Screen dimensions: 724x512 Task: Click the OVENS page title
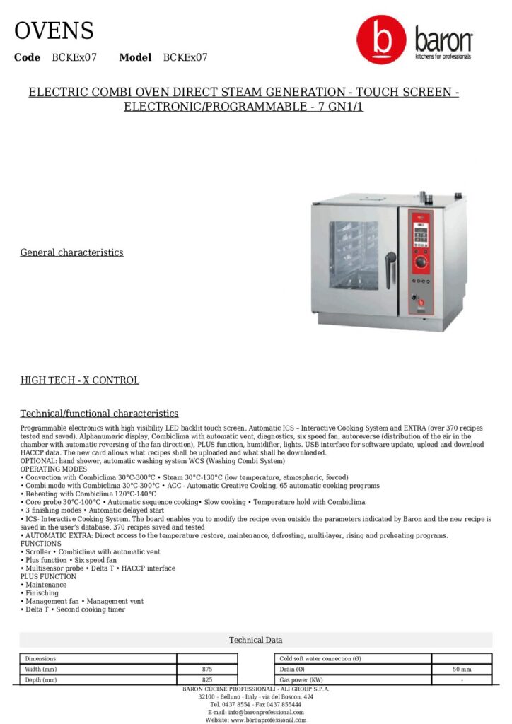coord(54,31)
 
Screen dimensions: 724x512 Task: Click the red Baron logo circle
coord(381,41)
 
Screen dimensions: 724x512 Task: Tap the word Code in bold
coord(27,57)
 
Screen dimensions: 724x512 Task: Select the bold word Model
coord(135,57)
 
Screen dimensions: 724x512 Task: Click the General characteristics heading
coord(71,252)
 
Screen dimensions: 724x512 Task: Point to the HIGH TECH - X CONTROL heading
coord(79,380)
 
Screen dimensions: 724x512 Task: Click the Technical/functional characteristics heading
coord(99,414)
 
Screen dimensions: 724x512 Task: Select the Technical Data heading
coord(255,640)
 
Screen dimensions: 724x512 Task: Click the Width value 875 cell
coord(206,669)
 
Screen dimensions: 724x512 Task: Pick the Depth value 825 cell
coord(206,679)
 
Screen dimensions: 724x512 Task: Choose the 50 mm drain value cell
coord(461,669)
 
